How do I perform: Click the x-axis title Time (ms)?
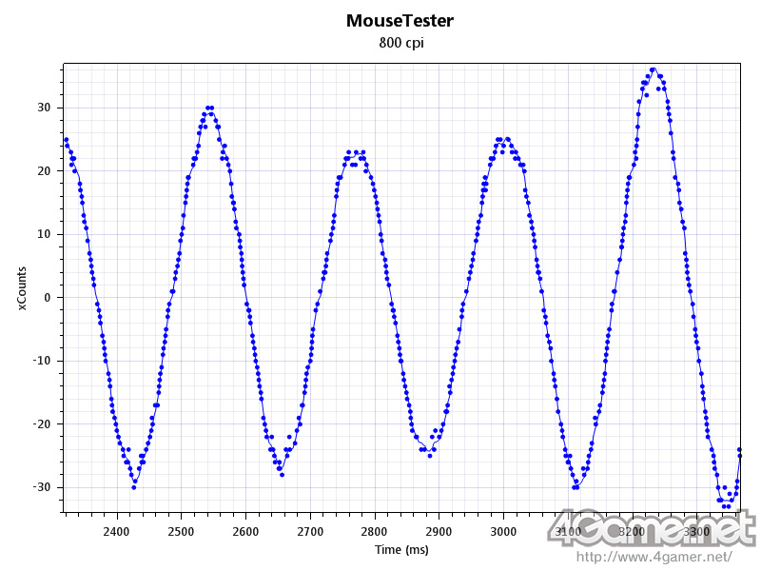400,550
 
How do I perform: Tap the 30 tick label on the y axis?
44,108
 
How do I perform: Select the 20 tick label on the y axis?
44,171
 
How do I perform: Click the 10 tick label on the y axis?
44,234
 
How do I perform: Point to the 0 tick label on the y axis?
47,298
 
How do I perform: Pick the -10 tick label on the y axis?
42,361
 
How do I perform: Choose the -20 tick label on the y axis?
42,424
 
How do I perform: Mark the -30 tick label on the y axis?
42,487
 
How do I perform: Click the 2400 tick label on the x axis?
116,530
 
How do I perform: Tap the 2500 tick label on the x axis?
181,530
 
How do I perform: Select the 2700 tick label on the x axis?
309,530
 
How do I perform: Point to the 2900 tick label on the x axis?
439,530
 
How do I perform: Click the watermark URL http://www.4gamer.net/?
654,557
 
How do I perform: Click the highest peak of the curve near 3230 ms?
653,69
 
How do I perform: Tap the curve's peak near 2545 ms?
209,108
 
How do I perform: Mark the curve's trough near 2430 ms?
134,486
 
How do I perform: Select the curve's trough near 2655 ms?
282,473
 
